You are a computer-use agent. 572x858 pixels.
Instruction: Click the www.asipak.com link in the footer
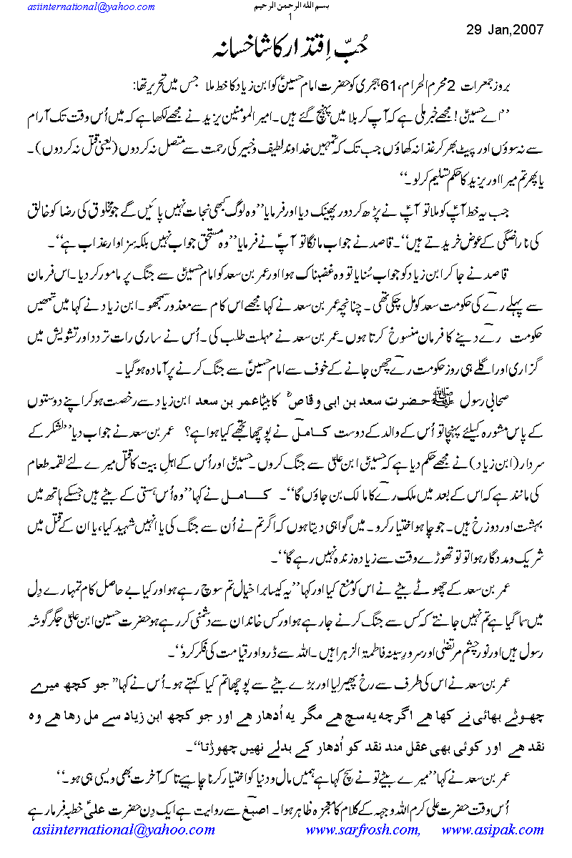click(494, 829)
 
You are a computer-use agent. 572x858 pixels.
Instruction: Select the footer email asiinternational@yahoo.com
click(124, 829)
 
